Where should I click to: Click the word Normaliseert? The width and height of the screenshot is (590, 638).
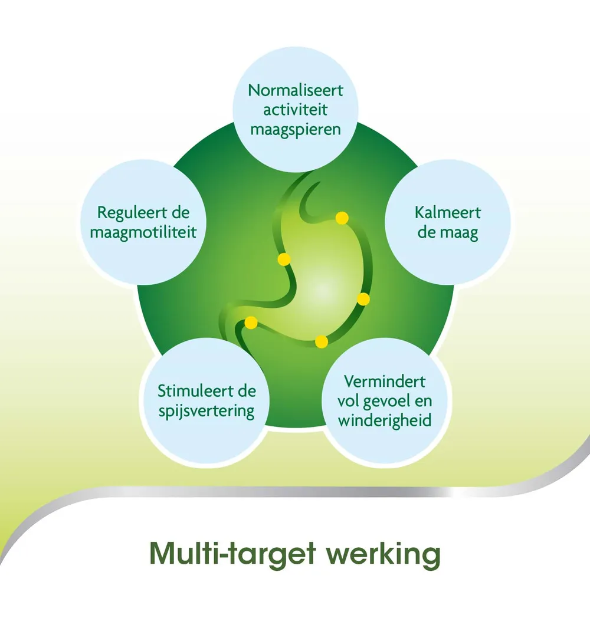[x=295, y=91]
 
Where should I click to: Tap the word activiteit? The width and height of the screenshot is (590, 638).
[x=295, y=110]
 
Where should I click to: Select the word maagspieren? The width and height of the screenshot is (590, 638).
[x=295, y=129]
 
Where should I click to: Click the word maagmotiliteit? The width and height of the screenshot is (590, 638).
[x=143, y=232]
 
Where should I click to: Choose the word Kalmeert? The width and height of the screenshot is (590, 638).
[x=447, y=212]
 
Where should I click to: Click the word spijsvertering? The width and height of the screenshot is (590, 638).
[x=206, y=411]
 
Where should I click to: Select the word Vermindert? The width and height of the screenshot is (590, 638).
[x=385, y=381]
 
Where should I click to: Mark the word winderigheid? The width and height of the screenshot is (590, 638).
[x=385, y=420]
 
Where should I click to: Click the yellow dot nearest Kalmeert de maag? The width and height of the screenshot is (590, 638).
[x=342, y=218]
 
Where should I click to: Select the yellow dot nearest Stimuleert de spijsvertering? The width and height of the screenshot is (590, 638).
[x=251, y=323]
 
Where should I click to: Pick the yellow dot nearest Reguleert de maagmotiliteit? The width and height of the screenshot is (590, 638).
[x=284, y=259]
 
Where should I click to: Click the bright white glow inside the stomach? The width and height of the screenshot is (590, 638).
[x=322, y=289]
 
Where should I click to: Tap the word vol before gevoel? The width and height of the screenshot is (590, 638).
[x=350, y=401]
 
